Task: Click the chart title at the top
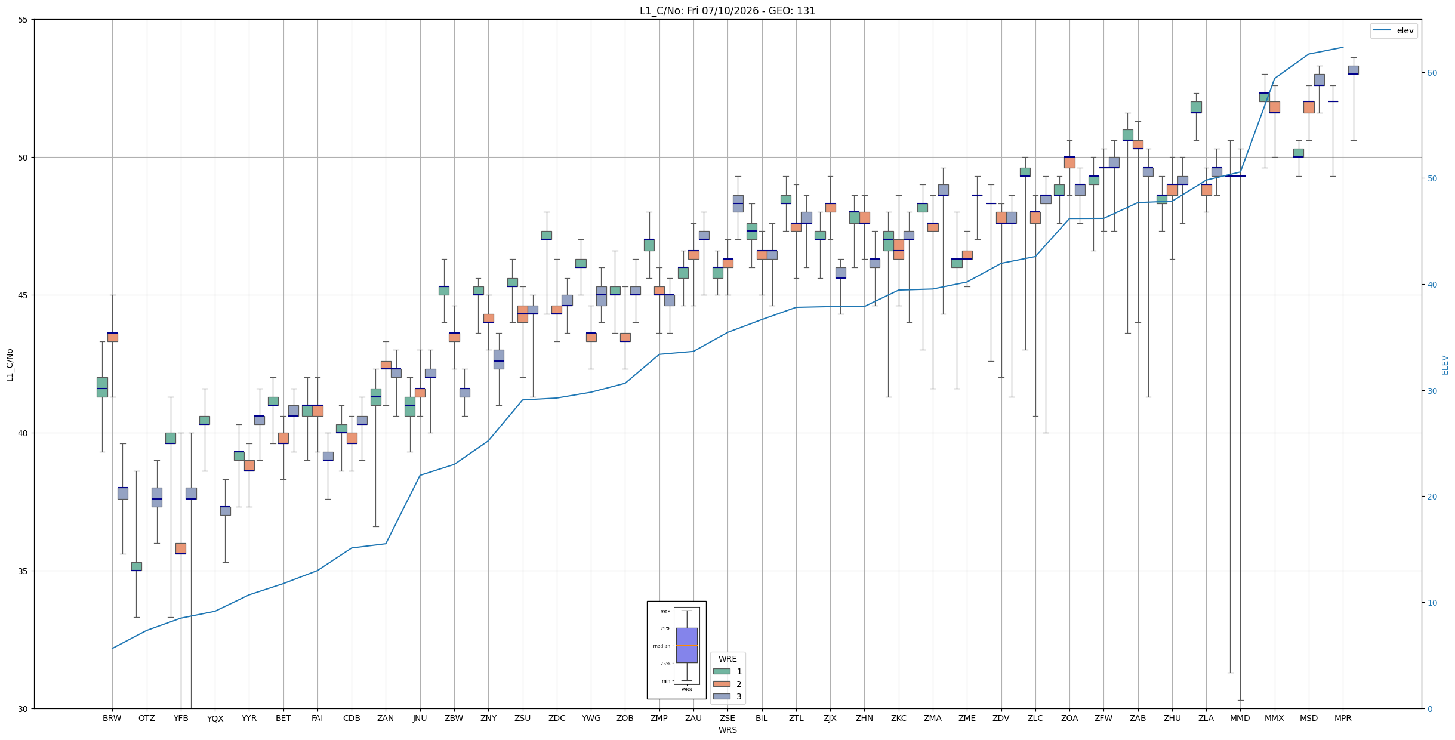727,11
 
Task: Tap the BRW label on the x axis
112,718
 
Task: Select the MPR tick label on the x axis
1343,718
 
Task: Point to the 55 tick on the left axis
23,20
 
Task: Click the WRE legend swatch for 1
722,671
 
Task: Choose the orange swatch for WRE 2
722,684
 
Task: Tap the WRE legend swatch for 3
722,696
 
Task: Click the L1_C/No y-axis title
10,365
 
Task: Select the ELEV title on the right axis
1445,365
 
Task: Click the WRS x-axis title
727,730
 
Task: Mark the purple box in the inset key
686,645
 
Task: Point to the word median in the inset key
661,646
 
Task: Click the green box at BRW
102,387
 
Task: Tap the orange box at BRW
112,337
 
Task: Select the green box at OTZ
137,566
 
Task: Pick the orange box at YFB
181,548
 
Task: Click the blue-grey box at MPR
1353,70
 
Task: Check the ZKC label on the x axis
899,718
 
